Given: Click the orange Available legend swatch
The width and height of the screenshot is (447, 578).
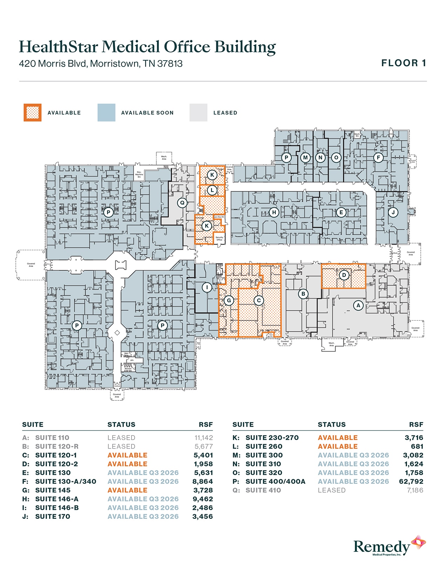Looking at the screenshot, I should point(33,112).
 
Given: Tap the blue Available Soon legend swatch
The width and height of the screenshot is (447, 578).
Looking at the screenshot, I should point(106,112).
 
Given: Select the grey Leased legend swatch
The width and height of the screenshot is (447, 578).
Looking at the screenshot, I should point(198,112).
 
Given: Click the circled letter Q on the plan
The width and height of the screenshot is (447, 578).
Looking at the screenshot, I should point(182,202).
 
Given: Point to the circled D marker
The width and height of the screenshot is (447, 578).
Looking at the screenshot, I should point(344,275).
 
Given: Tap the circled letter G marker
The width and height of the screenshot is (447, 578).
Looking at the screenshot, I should point(229,300).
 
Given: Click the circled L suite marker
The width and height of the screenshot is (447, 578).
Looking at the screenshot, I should point(212,190).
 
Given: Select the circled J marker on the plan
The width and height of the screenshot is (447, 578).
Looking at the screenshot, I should point(393,212).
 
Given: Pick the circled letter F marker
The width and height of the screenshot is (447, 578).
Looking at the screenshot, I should point(378,157).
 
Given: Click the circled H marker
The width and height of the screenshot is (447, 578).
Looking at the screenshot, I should point(274,212).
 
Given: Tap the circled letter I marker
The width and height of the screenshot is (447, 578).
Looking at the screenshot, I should point(207,288).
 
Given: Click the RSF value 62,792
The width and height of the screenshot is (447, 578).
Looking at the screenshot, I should point(411,481).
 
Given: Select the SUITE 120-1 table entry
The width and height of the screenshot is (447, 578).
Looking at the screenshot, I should point(56,455).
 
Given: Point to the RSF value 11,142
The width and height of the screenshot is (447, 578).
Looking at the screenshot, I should point(203,438).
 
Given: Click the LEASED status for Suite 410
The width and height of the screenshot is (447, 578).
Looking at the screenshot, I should point(332,490).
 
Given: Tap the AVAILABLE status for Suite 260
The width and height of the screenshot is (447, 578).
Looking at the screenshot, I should point(338,446).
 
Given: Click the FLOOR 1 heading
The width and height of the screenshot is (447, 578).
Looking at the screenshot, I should point(404,63).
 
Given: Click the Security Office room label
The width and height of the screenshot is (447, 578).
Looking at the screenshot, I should point(219,239).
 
